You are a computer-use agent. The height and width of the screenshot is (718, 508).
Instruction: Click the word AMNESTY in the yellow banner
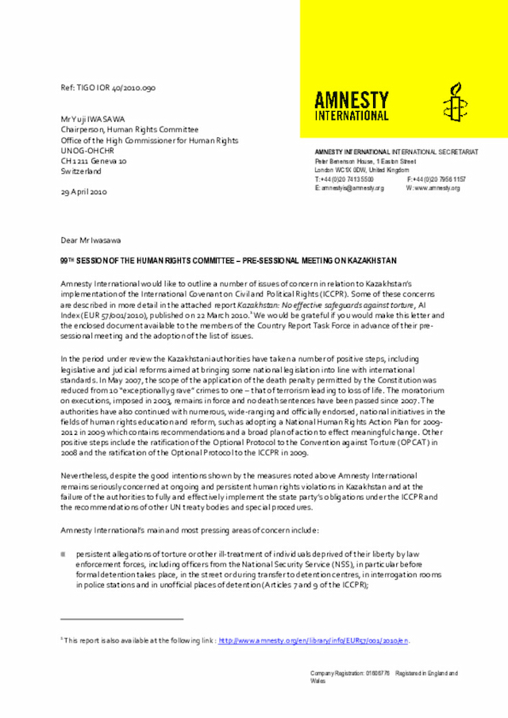pyautogui.click(x=352, y=100)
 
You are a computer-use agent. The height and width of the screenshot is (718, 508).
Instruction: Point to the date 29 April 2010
pyautogui.click(x=83, y=192)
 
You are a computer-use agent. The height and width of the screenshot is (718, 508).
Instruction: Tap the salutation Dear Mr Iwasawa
pyautogui.click(x=91, y=240)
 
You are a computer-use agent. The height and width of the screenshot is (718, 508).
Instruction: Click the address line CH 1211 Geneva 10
pyautogui.click(x=93, y=160)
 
